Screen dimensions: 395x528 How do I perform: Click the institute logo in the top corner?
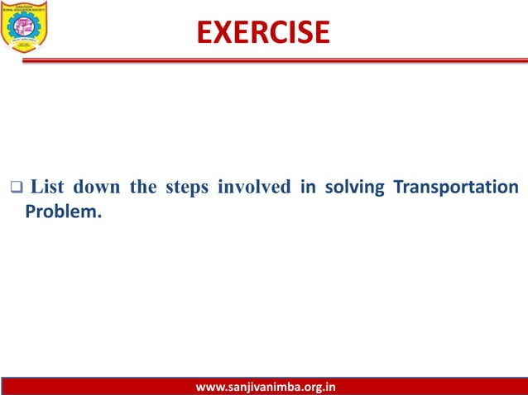point(25,26)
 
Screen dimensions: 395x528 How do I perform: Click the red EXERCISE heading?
point(263,31)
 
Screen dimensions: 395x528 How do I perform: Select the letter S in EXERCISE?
point(300,31)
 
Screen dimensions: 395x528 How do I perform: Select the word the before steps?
point(143,188)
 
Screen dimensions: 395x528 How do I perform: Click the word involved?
point(253,188)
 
